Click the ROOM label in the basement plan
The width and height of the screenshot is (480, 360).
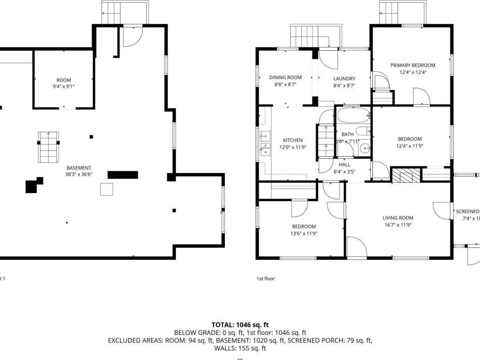coord(64,80)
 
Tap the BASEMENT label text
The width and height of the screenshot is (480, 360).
coord(79,167)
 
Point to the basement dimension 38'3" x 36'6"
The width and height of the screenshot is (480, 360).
coord(79,174)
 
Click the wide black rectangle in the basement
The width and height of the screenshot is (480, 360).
coord(122,174)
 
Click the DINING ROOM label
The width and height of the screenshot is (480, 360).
coord(285,77)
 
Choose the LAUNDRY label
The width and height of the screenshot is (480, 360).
coord(344,79)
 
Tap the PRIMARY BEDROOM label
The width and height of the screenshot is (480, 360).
coord(412,66)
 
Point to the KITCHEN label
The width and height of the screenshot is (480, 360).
coord(293,140)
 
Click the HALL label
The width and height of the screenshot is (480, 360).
coord(344,164)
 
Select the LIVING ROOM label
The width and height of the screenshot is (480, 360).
coord(397,218)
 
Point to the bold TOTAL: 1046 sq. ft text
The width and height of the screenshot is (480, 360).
coord(240,325)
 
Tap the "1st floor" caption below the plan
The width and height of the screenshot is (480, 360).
coord(265,279)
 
